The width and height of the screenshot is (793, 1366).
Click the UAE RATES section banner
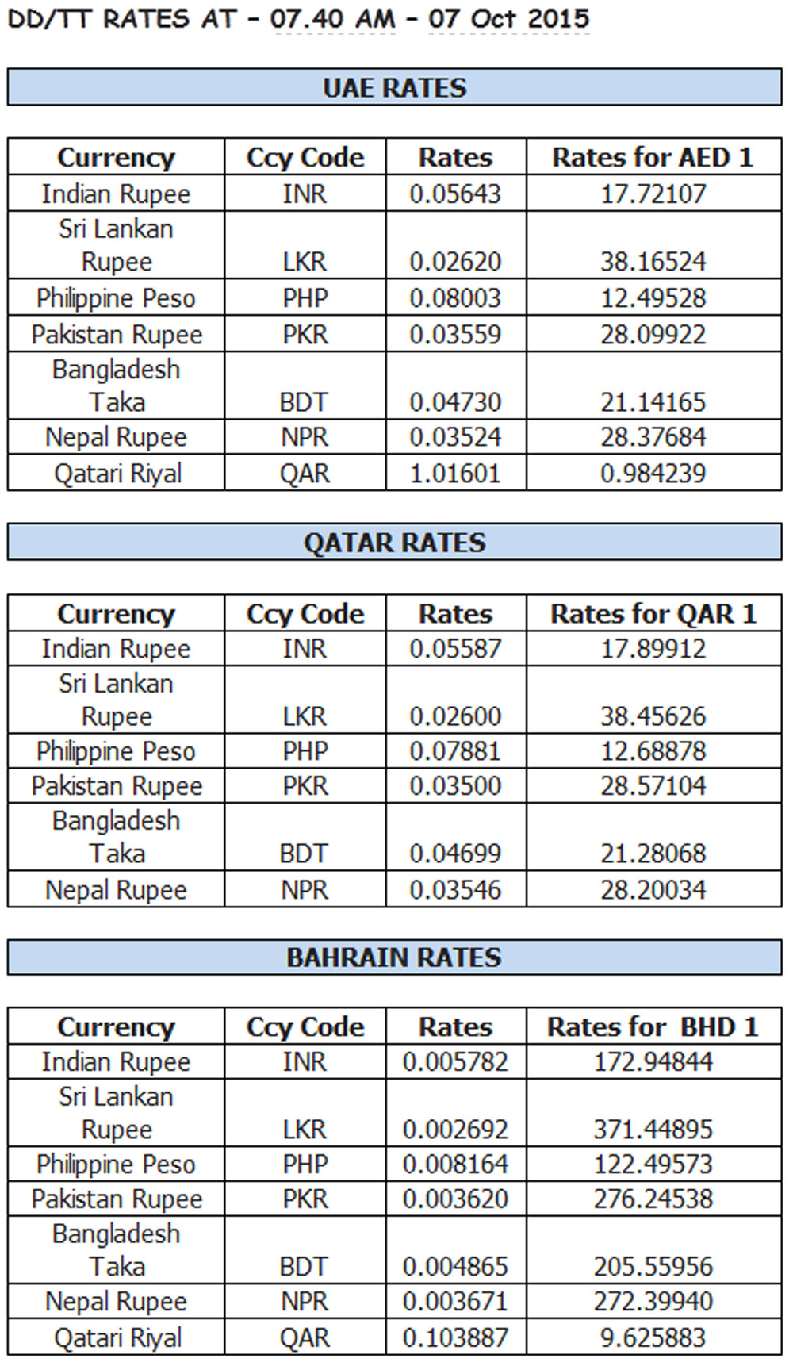tap(394, 87)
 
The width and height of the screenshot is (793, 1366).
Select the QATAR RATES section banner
tap(394, 543)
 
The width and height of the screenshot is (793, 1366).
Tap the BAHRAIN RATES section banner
tap(394, 957)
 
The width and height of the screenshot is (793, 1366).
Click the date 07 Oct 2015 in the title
tap(509, 18)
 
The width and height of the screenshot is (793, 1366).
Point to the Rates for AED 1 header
tap(653, 157)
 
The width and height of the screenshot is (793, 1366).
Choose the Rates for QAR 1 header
tap(653, 613)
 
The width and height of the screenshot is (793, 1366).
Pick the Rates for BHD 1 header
tap(653, 1026)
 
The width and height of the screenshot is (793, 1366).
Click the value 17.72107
tap(653, 194)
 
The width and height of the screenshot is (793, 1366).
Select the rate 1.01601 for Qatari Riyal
tap(455, 474)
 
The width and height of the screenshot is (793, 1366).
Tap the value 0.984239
tap(653, 474)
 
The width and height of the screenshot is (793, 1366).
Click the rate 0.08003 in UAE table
tap(455, 298)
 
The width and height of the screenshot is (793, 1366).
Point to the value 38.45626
tap(653, 716)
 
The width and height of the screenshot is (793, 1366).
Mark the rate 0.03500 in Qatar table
tap(455, 786)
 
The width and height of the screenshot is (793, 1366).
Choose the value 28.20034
tap(653, 890)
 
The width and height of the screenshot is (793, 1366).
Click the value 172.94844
tap(653, 1061)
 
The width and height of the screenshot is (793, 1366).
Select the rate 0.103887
tap(455, 1338)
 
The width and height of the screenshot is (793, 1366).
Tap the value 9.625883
tap(653, 1338)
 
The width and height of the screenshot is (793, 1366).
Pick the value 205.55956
tap(653, 1266)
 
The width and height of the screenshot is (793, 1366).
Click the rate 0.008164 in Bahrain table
tap(455, 1165)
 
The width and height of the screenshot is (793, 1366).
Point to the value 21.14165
tap(653, 402)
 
